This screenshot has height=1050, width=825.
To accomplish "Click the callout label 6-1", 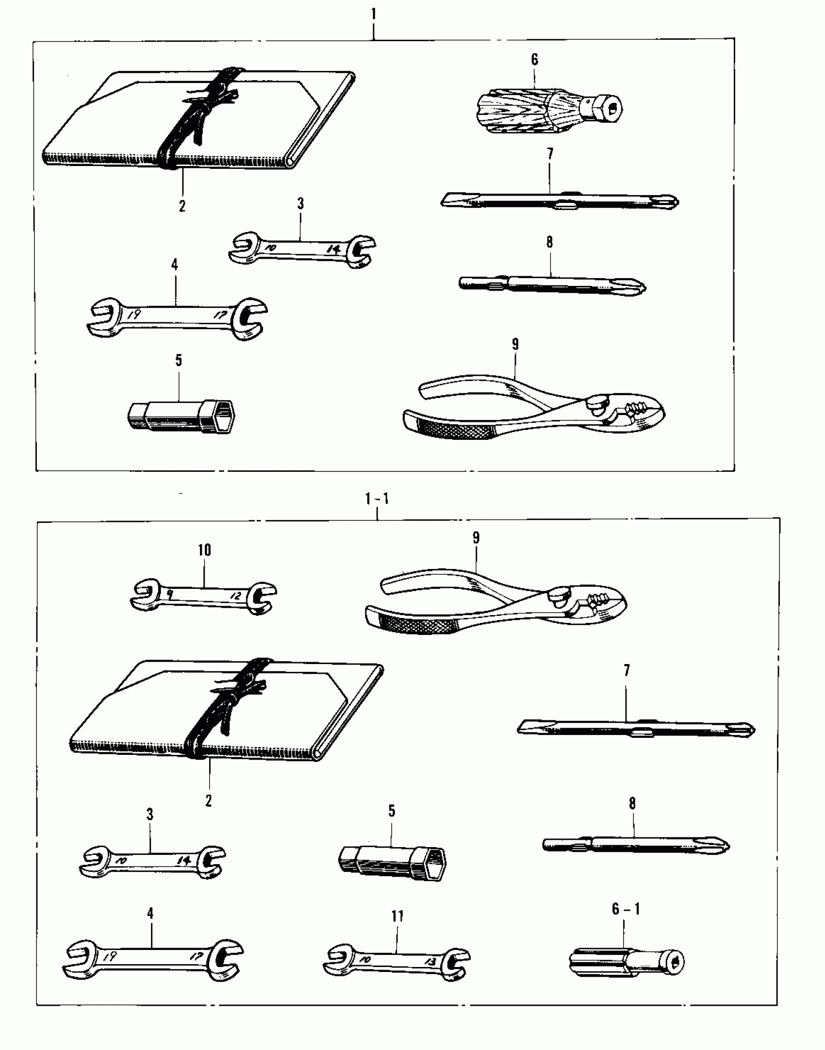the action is [626, 909].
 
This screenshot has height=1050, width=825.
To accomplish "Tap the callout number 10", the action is [204, 550].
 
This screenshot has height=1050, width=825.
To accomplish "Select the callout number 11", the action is [397, 917].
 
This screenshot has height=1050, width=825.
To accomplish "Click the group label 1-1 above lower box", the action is [377, 499].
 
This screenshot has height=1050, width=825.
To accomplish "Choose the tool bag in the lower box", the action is [223, 714].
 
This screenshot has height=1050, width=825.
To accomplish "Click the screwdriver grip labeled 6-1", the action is [626, 960].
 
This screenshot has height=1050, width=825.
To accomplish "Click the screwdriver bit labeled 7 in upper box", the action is [558, 200].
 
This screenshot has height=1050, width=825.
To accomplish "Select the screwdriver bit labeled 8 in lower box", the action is [636, 844].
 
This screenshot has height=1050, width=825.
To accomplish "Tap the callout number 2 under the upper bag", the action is [182, 206].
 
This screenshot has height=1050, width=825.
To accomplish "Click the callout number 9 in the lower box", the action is [476, 537].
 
